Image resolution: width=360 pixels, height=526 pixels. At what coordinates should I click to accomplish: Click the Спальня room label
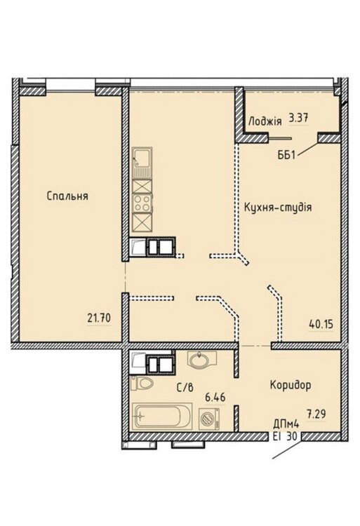[x=67, y=196]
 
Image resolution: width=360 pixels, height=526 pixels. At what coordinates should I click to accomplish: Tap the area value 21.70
[x=99, y=317]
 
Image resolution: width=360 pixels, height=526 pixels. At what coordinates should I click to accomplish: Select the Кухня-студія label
[x=278, y=207]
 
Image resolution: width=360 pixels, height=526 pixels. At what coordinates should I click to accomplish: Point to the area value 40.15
[x=321, y=325]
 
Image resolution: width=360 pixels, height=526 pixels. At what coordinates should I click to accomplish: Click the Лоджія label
[x=265, y=121]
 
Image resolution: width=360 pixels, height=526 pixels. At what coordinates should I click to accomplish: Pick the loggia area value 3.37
[x=299, y=118]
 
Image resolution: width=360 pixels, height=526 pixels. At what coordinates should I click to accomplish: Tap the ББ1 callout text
[x=286, y=155]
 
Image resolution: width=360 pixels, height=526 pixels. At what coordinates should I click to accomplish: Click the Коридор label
[x=291, y=385]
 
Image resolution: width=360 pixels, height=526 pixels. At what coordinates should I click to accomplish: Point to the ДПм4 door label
[x=286, y=424]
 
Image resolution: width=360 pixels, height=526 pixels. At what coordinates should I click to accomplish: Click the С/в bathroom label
[x=185, y=388]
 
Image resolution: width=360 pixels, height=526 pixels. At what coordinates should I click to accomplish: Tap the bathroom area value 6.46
[x=215, y=398]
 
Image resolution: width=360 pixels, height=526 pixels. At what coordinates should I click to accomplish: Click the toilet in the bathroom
[x=142, y=383]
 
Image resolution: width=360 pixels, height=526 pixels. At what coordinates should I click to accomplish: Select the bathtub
[x=162, y=417]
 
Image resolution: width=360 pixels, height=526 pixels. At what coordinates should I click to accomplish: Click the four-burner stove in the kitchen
[x=142, y=203]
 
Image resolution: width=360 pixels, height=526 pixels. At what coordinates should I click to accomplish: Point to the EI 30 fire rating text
[x=286, y=436]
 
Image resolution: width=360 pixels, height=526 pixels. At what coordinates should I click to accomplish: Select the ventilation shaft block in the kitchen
[x=161, y=247]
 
